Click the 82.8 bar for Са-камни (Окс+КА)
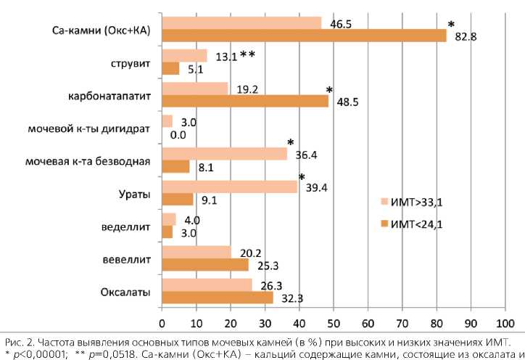(304, 36)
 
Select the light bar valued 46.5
(241, 23)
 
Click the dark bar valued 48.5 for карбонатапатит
(245, 102)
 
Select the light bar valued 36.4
(224, 154)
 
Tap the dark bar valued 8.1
(175, 166)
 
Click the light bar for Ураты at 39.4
(229, 187)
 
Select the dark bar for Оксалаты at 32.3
(218, 298)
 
